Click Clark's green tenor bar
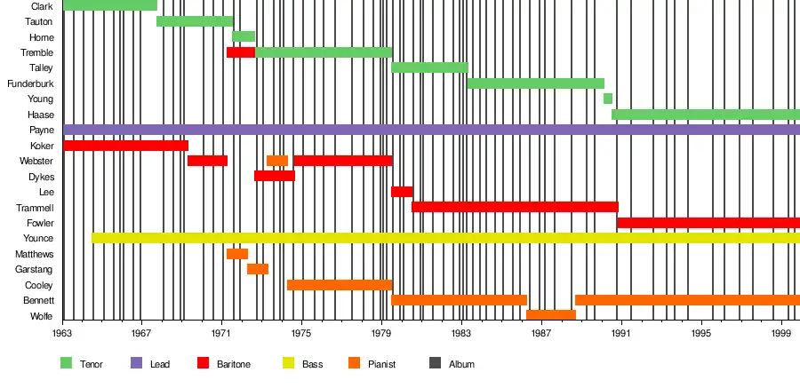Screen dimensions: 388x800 tap(109, 5)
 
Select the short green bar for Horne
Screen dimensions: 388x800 tap(244, 36)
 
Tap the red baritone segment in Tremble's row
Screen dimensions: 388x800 tap(241, 52)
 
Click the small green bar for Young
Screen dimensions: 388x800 tap(608, 99)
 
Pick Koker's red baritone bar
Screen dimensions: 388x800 tap(125, 146)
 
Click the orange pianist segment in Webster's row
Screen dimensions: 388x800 tap(277, 161)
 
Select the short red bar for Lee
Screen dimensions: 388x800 tap(402, 192)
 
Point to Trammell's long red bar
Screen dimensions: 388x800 tap(515, 207)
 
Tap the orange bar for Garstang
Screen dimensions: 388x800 tap(258, 269)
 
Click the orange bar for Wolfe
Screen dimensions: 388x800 tap(551, 315)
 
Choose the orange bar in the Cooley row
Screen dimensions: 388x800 tap(340, 285)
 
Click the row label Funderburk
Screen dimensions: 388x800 tap(30, 83)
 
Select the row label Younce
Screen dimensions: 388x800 tap(38, 238)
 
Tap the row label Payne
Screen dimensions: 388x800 tap(41, 130)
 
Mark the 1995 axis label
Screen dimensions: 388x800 tap(701, 333)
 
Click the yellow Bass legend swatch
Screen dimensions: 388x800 tap(289, 363)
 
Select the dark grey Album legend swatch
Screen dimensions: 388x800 tap(436, 363)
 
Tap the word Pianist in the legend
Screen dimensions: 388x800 tap(381, 364)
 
